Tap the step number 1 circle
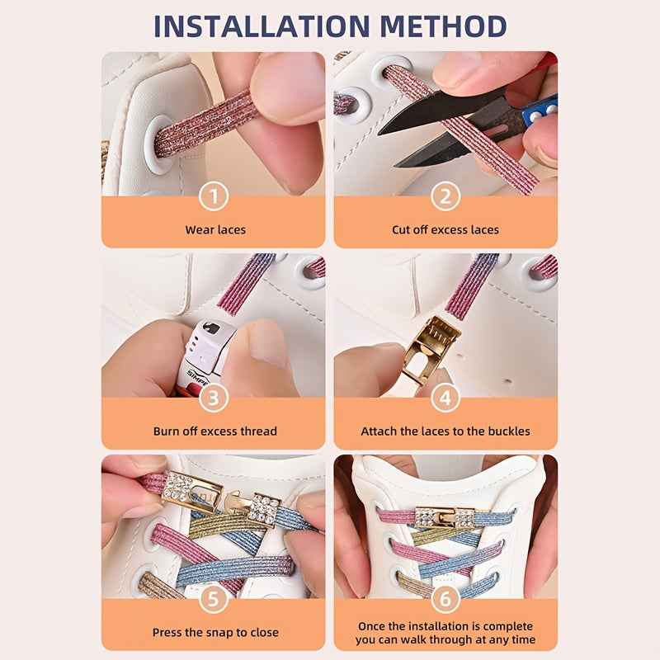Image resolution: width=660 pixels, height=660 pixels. (214, 196)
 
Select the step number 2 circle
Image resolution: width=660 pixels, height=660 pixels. (445, 196)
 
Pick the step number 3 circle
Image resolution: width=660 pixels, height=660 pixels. (214, 398)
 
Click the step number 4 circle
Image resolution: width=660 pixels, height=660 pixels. (445, 398)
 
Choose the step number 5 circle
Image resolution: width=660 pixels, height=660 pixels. (214, 600)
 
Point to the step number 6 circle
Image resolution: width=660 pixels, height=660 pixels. (445, 600)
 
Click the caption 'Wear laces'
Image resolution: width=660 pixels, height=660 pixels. (215, 229)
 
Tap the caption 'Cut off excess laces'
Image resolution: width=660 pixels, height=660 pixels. (445, 229)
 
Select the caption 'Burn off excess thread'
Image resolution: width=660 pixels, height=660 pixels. (215, 431)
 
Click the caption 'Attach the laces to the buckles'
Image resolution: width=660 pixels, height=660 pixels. (445, 431)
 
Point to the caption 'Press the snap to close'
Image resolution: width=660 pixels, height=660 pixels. (215, 633)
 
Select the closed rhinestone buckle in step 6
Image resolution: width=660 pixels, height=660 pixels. (445, 517)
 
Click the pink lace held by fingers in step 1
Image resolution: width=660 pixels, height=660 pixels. (206, 124)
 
